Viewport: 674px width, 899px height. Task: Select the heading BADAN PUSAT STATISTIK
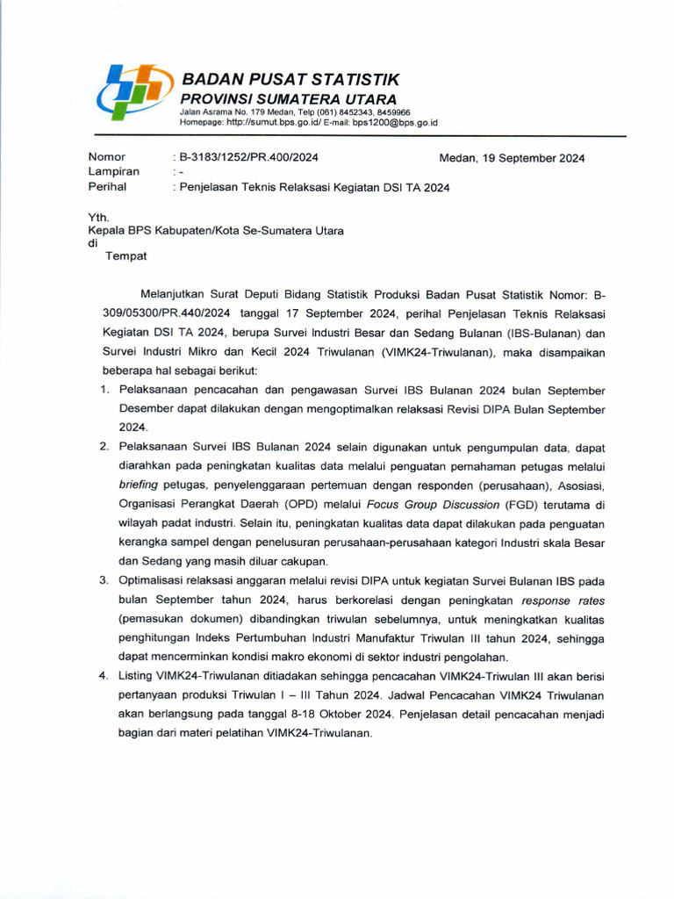pyautogui.click(x=290, y=80)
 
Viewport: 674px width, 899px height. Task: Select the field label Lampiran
pyautogui.click(x=113, y=172)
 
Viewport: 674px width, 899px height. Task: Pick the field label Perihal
pyautogui.click(x=107, y=187)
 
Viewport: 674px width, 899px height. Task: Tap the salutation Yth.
pyautogui.click(x=97, y=216)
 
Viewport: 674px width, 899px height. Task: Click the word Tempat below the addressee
pyautogui.click(x=126, y=256)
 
